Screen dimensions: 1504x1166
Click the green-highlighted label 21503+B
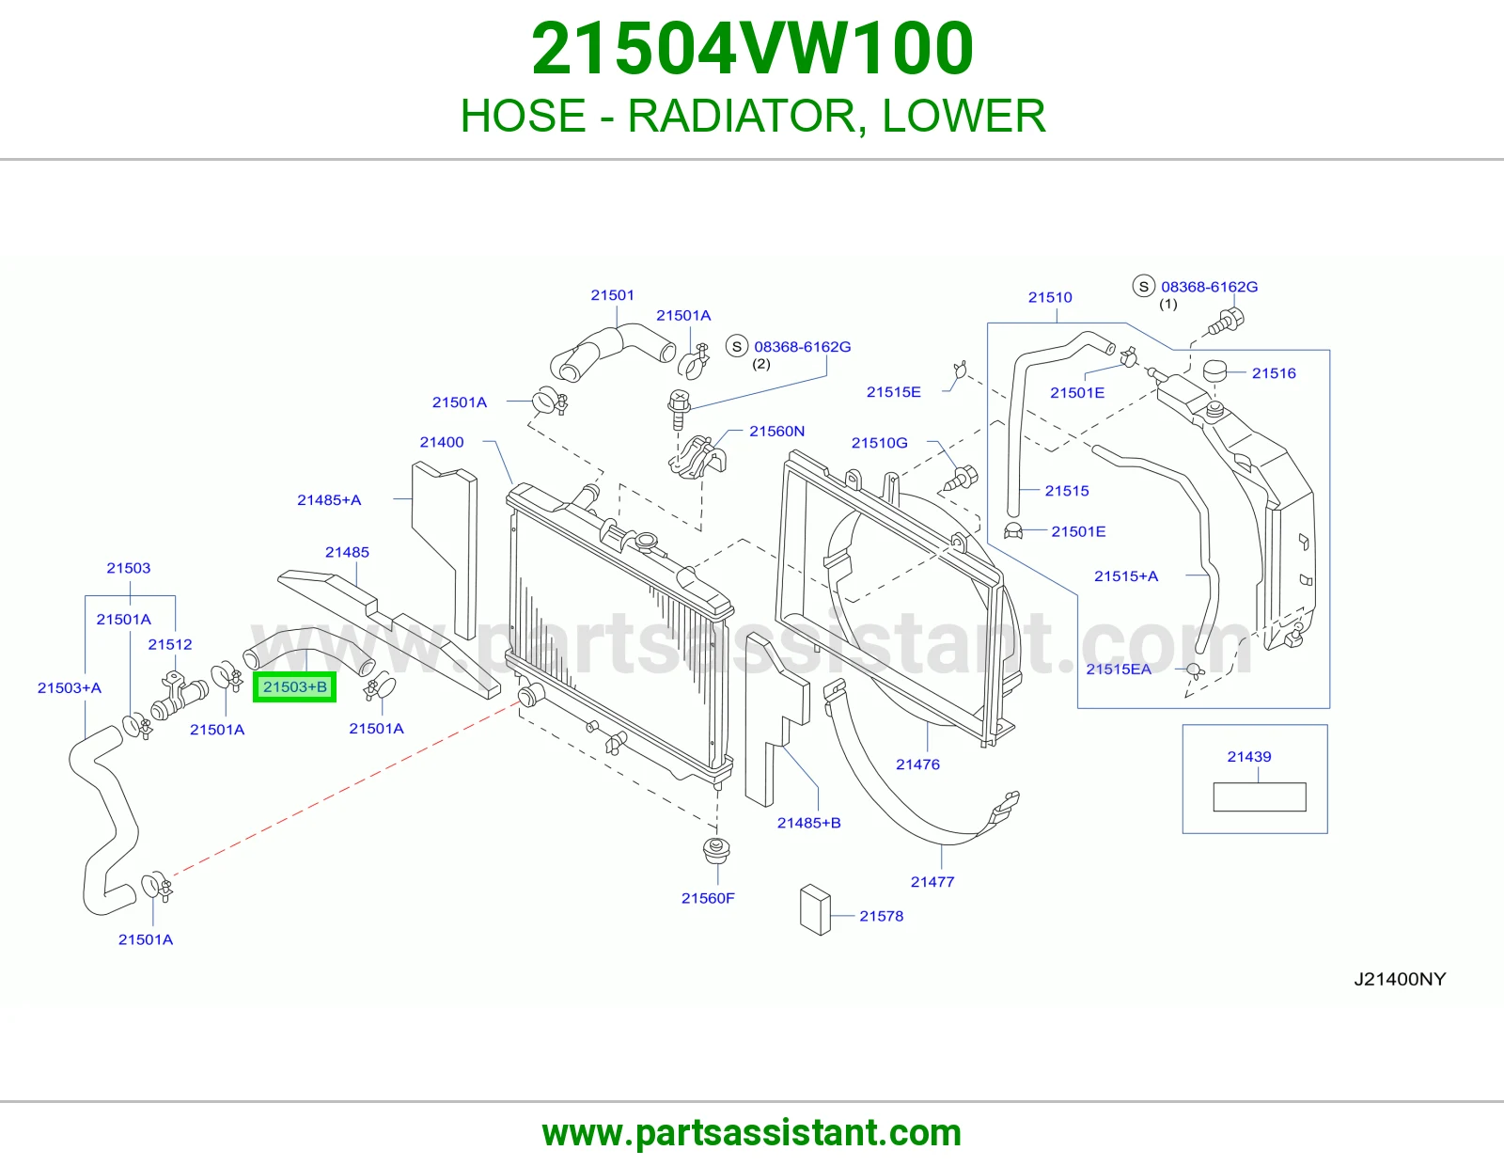[295, 686]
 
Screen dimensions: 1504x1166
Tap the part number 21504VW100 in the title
[752, 48]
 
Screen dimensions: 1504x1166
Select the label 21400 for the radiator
[442, 442]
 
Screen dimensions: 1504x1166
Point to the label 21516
[1274, 373]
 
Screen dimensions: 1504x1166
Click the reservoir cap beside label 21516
[1214, 370]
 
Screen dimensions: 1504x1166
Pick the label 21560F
[708, 898]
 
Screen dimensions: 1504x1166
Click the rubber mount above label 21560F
[716, 850]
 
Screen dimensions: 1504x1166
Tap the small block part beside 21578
[815, 909]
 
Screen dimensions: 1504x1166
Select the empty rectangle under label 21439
[1260, 797]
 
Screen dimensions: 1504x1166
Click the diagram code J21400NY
[1401, 979]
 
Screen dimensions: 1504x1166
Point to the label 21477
[932, 881]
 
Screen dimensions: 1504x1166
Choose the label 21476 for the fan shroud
[917, 764]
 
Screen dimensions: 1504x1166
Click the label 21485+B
[809, 823]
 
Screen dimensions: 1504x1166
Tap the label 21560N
[777, 431]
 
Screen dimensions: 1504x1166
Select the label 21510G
[880, 443]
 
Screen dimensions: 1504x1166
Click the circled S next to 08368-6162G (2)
[737, 346]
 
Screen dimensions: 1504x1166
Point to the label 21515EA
[1119, 669]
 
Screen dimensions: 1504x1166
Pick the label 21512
[170, 644]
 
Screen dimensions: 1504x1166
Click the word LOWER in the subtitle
[963, 116]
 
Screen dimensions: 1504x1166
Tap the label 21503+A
[70, 687]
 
